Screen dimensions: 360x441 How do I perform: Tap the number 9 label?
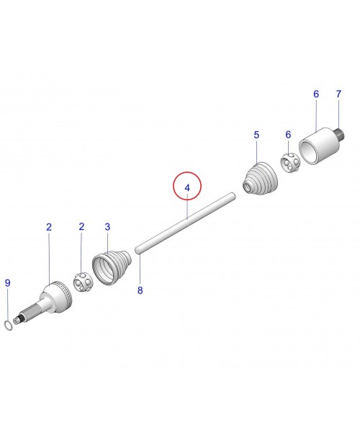tap(8, 283)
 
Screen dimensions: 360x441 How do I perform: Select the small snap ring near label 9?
tap(9, 325)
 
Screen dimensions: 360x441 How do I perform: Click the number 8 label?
tap(140, 290)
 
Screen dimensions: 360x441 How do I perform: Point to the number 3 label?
tap(107, 227)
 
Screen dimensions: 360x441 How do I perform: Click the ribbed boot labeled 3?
tap(112, 267)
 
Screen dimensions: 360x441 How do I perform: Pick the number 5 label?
tap(256, 135)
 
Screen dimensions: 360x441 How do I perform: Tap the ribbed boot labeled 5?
tap(260, 178)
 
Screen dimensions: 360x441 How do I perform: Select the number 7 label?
tap(338, 94)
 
